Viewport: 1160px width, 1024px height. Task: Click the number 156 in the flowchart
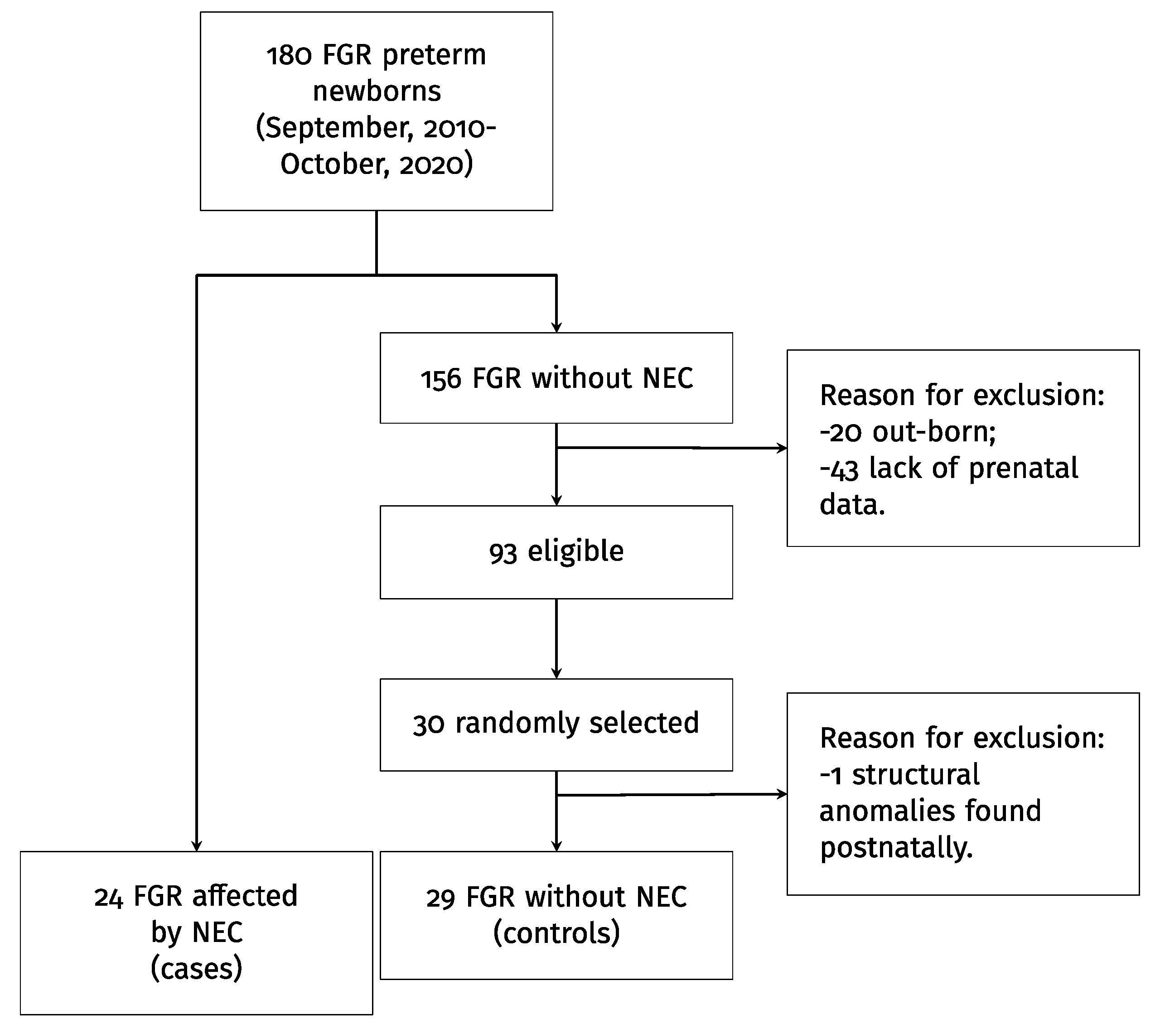(440, 379)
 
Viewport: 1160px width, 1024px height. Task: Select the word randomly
(517, 724)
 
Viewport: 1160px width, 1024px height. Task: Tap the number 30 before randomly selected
(429, 725)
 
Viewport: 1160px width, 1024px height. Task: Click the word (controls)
(556, 933)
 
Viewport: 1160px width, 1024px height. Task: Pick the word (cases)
(196, 968)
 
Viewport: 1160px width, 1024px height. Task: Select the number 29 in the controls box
(440, 898)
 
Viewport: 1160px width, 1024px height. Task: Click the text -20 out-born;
(908, 433)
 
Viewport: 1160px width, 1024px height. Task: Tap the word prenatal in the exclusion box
(1023, 469)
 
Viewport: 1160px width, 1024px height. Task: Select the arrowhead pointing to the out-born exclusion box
(782, 449)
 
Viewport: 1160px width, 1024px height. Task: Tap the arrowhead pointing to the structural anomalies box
(782, 794)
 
